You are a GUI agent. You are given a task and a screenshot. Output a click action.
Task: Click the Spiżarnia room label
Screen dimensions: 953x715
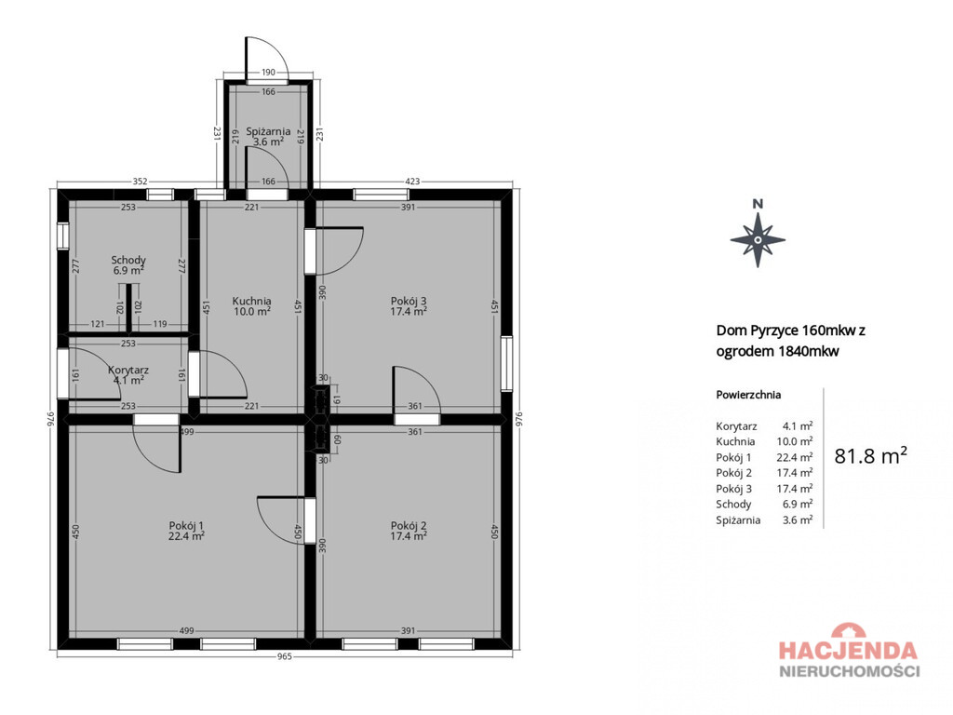(x=268, y=131)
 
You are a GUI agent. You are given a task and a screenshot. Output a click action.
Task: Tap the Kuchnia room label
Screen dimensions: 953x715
(x=251, y=301)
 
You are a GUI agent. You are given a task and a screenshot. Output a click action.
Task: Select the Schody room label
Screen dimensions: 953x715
(x=128, y=261)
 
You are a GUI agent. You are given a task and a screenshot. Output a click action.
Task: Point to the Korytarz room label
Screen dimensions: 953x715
(x=128, y=370)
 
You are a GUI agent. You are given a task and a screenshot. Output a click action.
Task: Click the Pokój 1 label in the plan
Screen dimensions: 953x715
(x=186, y=526)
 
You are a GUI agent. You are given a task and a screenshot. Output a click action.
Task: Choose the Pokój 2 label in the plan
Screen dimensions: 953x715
(x=409, y=526)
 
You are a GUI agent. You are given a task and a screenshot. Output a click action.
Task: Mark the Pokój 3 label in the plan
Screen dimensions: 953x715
(x=409, y=301)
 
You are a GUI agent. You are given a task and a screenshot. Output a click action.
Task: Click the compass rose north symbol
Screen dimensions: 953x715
(x=758, y=234)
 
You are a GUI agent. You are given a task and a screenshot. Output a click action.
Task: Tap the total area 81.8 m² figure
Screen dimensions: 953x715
(x=870, y=455)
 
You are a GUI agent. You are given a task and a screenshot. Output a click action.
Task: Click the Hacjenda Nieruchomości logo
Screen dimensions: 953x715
(x=849, y=650)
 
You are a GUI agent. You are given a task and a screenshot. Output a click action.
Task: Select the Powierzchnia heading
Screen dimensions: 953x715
(x=748, y=395)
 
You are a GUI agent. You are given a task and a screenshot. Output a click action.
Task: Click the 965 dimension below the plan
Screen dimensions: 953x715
(x=285, y=656)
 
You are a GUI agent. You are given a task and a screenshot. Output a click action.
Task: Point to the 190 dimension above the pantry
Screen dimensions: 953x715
(x=268, y=73)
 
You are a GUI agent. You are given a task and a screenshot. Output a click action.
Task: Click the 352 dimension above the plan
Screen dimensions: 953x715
(x=140, y=182)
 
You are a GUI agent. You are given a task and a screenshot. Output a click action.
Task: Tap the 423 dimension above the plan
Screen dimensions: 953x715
(x=412, y=182)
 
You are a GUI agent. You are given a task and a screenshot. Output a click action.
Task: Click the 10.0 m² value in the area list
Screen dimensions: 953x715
(x=795, y=441)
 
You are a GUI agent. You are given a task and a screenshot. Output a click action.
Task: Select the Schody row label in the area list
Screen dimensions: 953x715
(x=733, y=504)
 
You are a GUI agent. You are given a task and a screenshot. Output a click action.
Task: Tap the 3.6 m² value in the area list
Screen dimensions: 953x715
(x=798, y=519)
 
